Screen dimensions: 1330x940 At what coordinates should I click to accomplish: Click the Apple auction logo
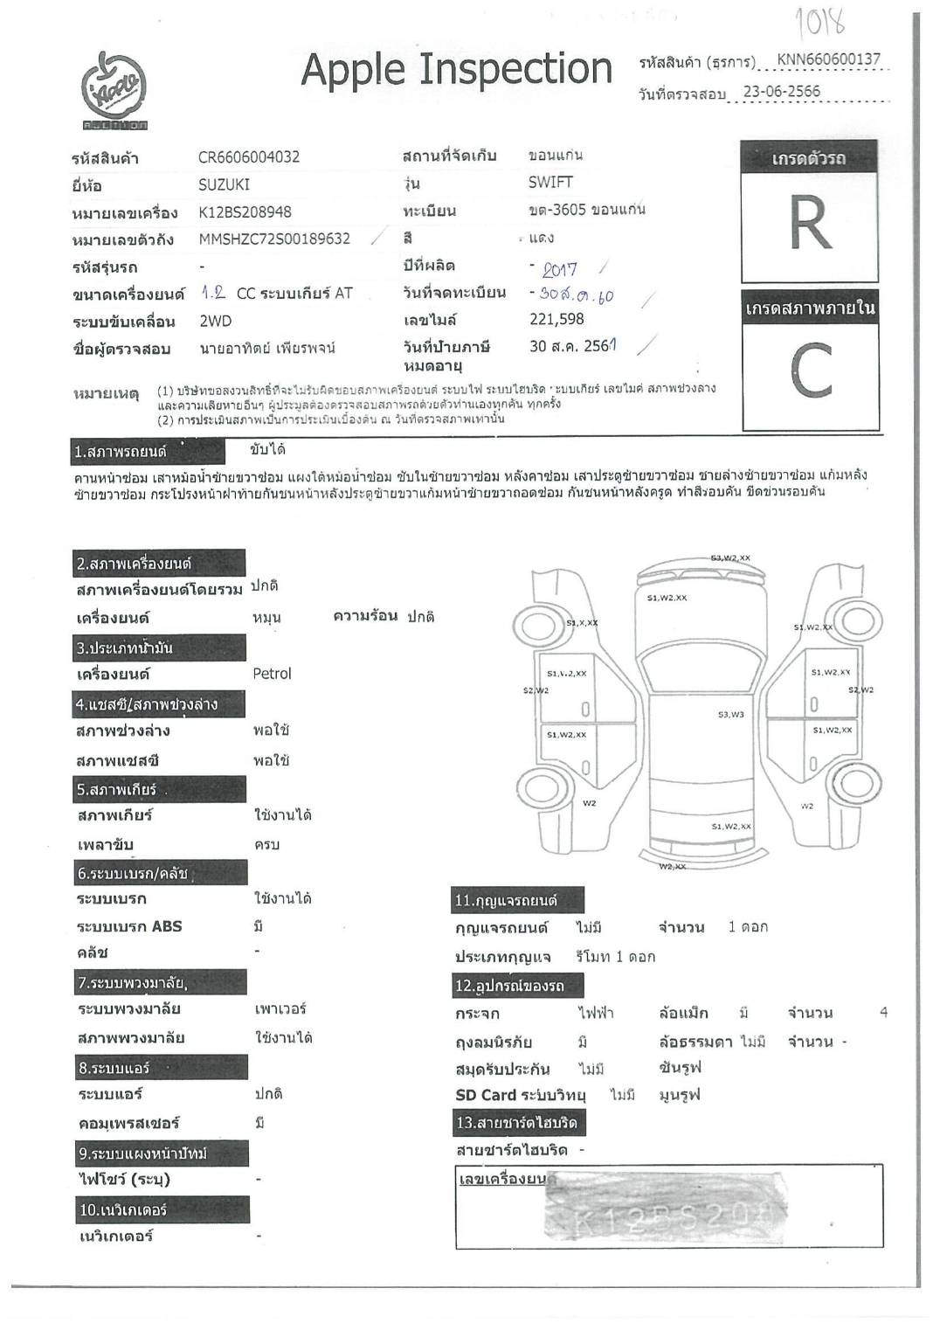[x=114, y=91]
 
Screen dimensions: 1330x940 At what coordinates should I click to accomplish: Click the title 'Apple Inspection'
[x=456, y=70]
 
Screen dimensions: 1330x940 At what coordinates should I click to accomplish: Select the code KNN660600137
[x=828, y=59]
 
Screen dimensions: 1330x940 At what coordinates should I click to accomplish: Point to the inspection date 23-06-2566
[x=781, y=92]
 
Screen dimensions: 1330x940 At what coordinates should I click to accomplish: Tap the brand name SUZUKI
[x=224, y=184]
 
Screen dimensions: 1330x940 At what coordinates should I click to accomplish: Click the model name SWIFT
[x=550, y=183]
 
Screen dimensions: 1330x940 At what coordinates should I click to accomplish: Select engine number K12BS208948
[x=245, y=212]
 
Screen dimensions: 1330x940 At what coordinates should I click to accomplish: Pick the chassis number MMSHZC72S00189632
[x=274, y=239]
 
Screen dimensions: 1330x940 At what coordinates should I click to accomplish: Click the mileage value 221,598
[x=556, y=320]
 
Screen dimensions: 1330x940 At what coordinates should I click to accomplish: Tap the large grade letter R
[x=809, y=224]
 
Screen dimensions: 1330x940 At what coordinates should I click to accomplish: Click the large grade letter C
[x=809, y=370]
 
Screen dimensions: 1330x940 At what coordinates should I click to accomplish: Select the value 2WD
[x=216, y=322]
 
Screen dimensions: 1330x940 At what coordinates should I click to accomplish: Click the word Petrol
[x=272, y=674]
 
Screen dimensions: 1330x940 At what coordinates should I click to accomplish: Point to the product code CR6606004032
[x=249, y=157]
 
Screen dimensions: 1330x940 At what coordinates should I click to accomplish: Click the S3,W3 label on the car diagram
[x=731, y=715]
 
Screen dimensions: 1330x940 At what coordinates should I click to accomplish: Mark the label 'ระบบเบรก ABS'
[x=129, y=927]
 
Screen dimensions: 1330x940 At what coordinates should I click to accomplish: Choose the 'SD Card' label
[x=486, y=1096]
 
